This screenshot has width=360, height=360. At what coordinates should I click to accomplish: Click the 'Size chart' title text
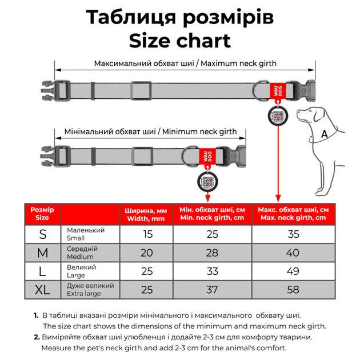tap(179, 41)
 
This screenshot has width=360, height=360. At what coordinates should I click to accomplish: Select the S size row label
tap(43, 234)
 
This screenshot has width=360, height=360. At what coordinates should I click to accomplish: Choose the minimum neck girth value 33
tap(213, 271)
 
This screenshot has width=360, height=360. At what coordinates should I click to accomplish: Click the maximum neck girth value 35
tap(293, 234)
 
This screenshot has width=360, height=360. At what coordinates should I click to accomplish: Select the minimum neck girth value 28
tap(213, 253)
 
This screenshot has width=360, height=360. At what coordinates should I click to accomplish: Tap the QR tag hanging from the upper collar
tap(276, 115)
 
